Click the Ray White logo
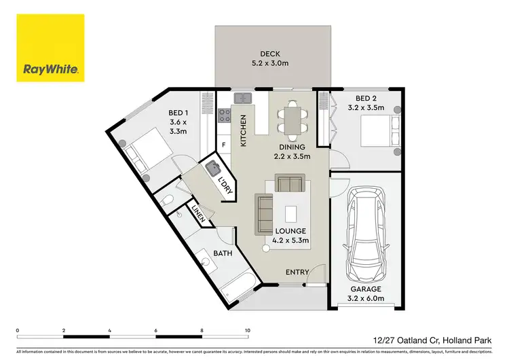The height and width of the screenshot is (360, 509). pyautogui.click(x=51, y=48)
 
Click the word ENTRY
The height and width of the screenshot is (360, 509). pyautogui.click(x=297, y=272)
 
